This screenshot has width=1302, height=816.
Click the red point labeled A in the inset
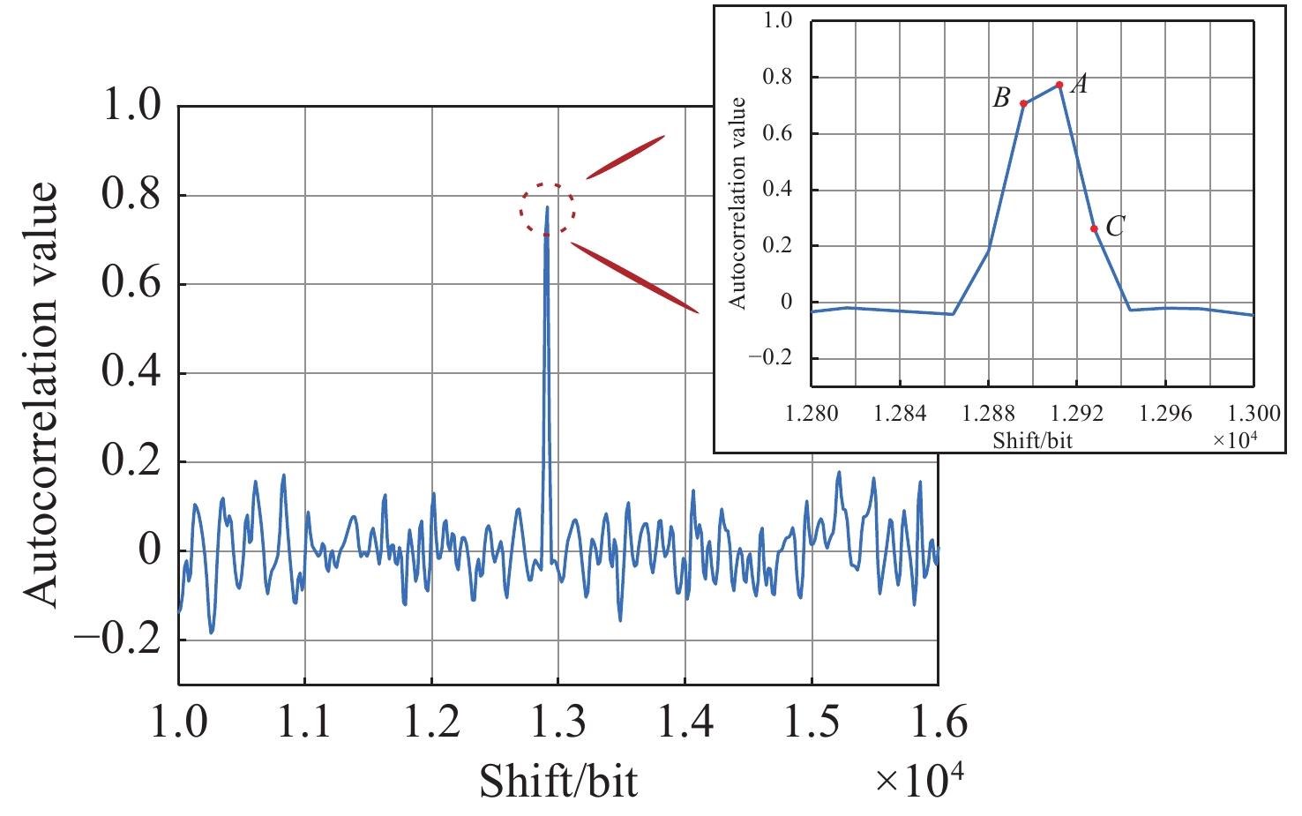(x=1059, y=85)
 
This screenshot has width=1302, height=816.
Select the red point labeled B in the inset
(x=1023, y=103)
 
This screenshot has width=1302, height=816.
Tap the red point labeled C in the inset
(x=1094, y=228)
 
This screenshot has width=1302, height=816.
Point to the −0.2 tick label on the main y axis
(x=118, y=639)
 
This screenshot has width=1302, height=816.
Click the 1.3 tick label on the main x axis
(x=558, y=721)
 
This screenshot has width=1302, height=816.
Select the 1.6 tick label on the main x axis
(x=939, y=721)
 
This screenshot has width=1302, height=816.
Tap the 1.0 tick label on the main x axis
(x=179, y=721)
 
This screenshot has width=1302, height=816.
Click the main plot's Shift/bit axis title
(x=558, y=780)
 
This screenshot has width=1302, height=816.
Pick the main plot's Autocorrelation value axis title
(x=41, y=393)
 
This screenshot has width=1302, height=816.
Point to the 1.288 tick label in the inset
(x=989, y=413)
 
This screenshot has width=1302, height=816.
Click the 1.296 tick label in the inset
(x=1165, y=413)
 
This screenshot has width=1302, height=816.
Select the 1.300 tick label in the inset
(x=1253, y=413)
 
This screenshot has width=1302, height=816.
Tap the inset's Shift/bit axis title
(x=1032, y=439)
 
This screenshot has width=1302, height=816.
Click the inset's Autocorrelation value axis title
(x=737, y=203)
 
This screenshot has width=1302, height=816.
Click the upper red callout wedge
(x=626, y=157)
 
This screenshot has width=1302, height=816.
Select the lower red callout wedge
(x=635, y=277)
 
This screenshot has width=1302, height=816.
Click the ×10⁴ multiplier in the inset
(x=1235, y=438)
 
